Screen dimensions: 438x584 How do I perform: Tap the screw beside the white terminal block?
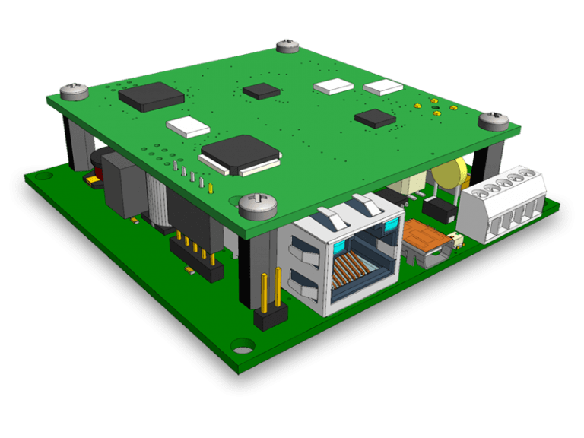tap(494, 120)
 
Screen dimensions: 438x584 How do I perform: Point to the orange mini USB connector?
tap(427, 238)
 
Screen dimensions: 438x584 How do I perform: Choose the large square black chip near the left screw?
tap(152, 96)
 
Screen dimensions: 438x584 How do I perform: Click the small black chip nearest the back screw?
tap(261, 91)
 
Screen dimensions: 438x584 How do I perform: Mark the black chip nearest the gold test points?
tap(375, 118)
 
